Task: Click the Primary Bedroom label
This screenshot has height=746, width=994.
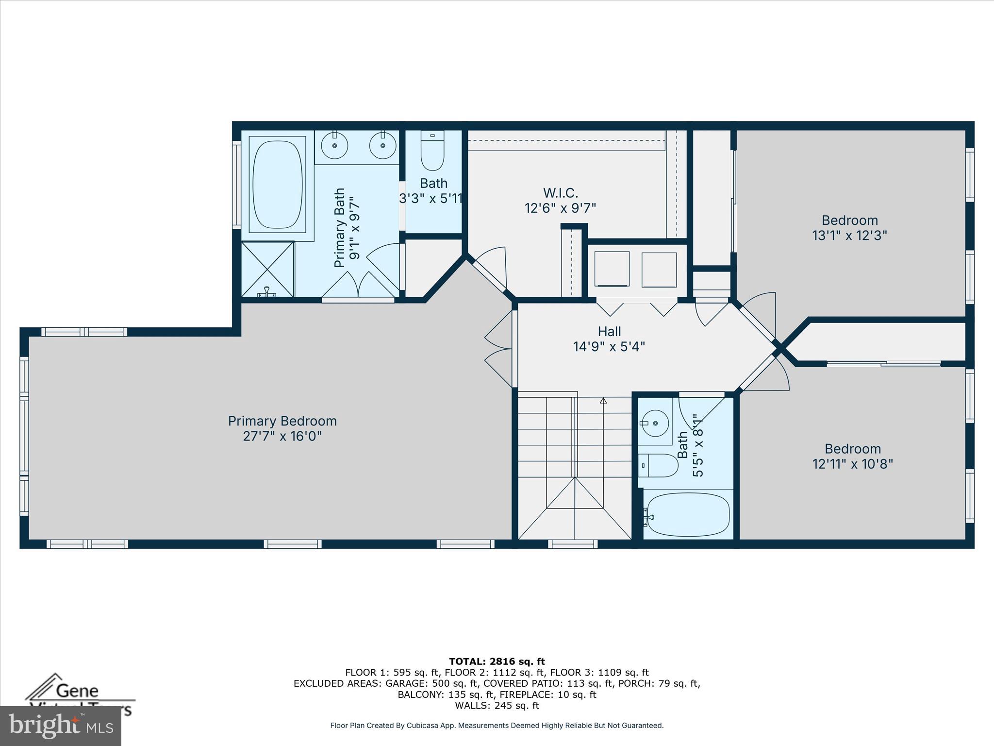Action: (x=282, y=421)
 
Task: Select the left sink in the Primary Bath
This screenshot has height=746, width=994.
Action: (x=335, y=145)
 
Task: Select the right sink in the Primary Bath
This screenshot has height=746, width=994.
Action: (x=382, y=145)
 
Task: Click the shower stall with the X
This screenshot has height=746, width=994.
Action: (x=268, y=269)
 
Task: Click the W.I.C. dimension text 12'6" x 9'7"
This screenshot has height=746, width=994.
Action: (x=560, y=208)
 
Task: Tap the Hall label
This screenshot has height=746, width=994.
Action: (x=609, y=332)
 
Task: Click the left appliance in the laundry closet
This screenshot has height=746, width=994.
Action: (x=612, y=270)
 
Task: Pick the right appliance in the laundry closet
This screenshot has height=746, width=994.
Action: (x=659, y=270)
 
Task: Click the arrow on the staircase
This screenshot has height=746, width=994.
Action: (x=603, y=401)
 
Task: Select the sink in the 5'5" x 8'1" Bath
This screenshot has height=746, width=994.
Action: (x=655, y=423)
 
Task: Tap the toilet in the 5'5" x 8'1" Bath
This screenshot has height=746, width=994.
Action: (x=658, y=465)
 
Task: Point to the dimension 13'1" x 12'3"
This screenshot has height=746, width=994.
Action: (x=849, y=236)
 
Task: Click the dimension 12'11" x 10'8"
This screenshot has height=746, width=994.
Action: (x=852, y=464)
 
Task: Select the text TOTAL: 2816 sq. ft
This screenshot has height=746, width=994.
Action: (x=497, y=661)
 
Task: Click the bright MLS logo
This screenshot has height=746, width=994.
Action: (x=61, y=726)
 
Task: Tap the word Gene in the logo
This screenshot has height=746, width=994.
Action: (x=78, y=691)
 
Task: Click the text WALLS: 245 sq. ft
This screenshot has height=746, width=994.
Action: (x=497, y=706)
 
